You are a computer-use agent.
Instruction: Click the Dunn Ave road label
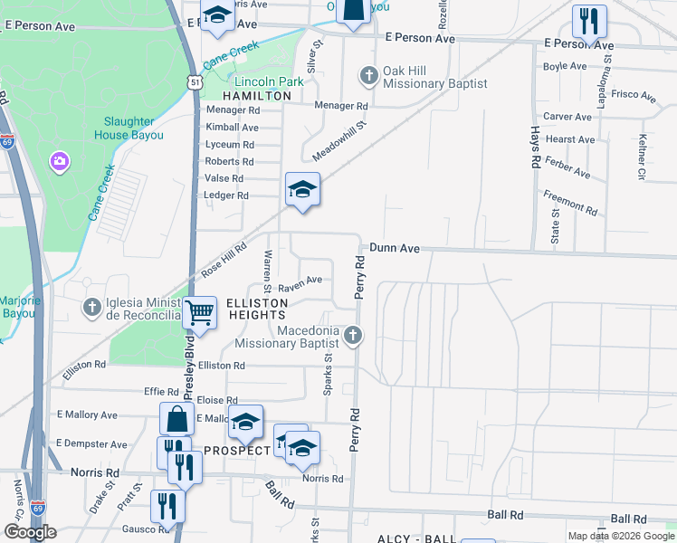click(395, 247)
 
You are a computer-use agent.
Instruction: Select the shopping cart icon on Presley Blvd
click(200, 313)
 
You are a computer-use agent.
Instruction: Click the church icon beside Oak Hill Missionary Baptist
click(368, 75)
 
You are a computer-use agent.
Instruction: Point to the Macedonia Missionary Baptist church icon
click(354, 337)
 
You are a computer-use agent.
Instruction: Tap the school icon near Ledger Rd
click(303, 189)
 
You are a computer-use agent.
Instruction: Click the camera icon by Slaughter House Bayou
click(60, 161)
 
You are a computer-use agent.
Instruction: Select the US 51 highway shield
click(195, 81)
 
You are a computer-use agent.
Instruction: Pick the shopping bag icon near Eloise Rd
click(176, 420)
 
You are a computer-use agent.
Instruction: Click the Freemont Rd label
click(570, 202)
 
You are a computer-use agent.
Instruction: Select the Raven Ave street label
click(300, 280)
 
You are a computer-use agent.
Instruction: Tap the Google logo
click(30, 532)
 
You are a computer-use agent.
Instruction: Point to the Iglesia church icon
click(91, 308)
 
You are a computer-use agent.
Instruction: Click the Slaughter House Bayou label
click(129, 129)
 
